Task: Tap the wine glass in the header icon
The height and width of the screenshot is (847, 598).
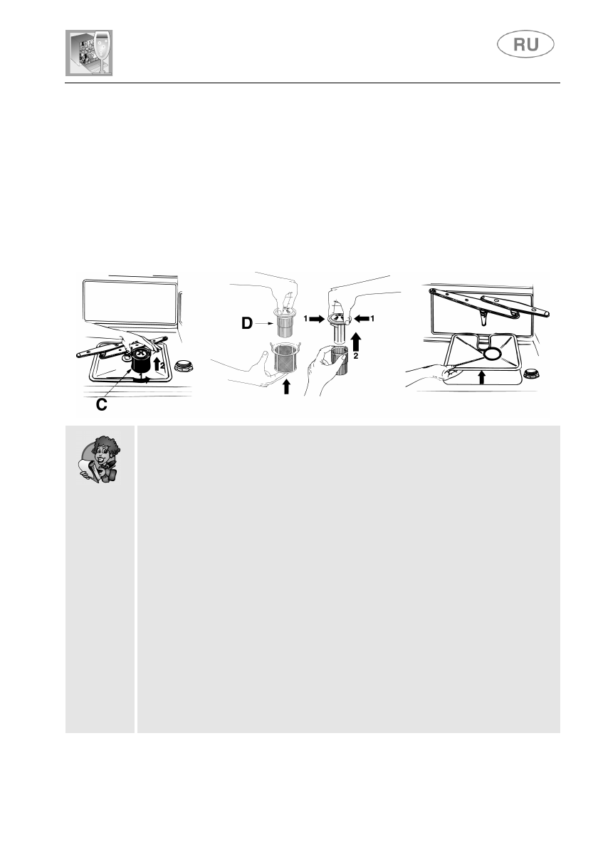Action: click(101, 50)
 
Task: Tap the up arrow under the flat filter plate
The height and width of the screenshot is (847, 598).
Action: click(482, 376)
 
